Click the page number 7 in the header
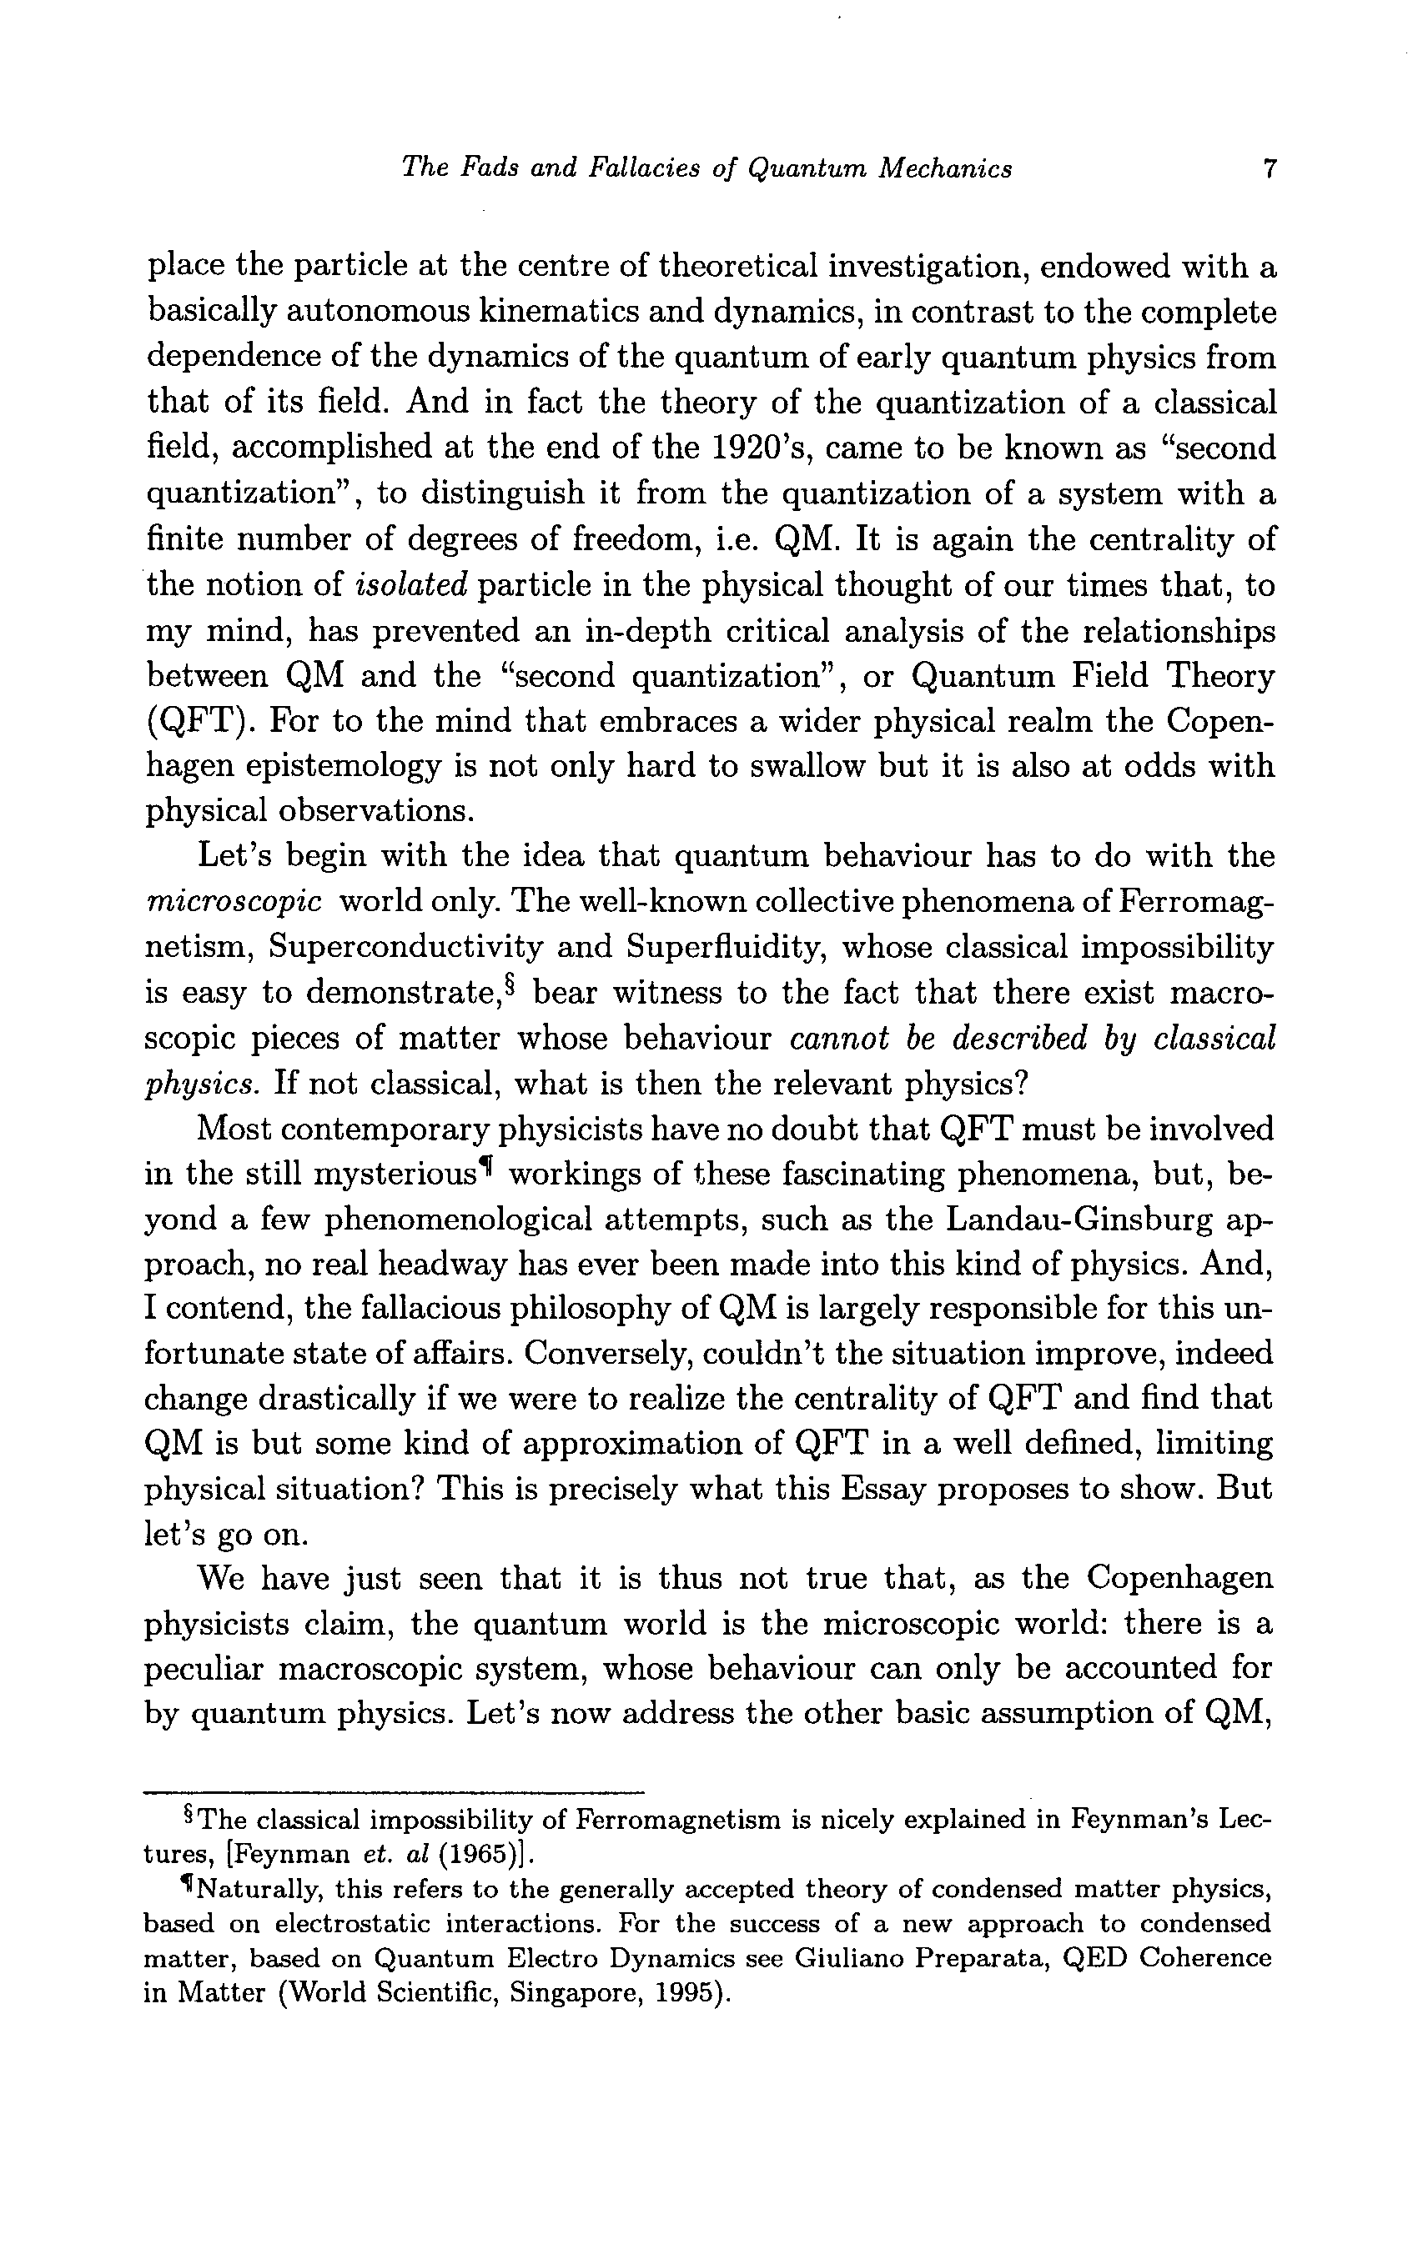1268,168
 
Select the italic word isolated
411,585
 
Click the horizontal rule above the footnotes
395,1791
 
